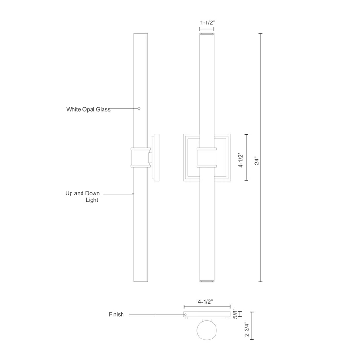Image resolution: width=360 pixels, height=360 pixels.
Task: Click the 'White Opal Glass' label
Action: (88, 109)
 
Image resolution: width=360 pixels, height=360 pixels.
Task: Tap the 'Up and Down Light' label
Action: (82, 196)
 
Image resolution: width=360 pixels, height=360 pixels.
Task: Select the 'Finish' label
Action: (116, 315)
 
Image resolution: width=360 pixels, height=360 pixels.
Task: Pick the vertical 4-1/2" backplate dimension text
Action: (241, 158)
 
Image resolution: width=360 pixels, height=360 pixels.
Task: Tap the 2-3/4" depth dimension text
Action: (247, 328)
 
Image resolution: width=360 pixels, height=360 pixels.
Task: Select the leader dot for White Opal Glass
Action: (139, 109)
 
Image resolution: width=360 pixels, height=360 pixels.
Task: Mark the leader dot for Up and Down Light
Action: (133, 194)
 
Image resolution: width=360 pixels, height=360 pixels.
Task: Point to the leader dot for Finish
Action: (185, 315)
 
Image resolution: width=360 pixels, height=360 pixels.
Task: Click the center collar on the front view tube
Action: (206, 158)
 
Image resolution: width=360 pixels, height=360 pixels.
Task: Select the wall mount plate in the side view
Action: (156, 158)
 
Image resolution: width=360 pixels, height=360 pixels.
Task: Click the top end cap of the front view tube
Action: (206, 35)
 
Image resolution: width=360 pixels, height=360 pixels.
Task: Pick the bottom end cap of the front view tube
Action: (206, 281)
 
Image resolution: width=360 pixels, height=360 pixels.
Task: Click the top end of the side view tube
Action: (140, 35)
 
